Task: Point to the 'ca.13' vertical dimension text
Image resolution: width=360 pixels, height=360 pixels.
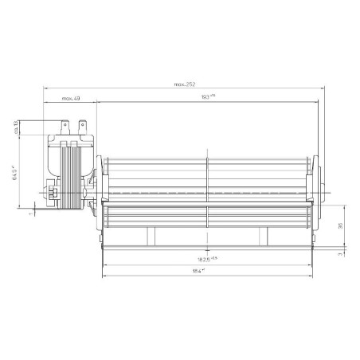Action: point(17,127)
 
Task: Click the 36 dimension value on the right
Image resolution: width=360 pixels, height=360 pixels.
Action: point(340,225)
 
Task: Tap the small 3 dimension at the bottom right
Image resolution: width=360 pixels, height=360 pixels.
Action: point(340,255)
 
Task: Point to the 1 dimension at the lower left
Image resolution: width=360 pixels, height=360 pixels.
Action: point(29,213)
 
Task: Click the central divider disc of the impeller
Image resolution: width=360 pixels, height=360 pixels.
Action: point(207,191)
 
